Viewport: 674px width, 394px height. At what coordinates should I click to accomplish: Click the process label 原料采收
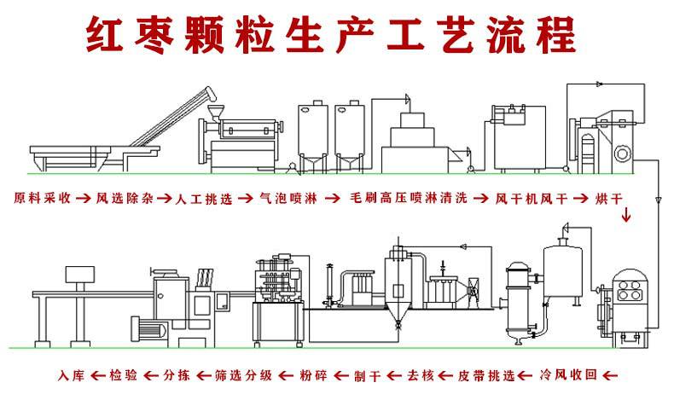(42, 198)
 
